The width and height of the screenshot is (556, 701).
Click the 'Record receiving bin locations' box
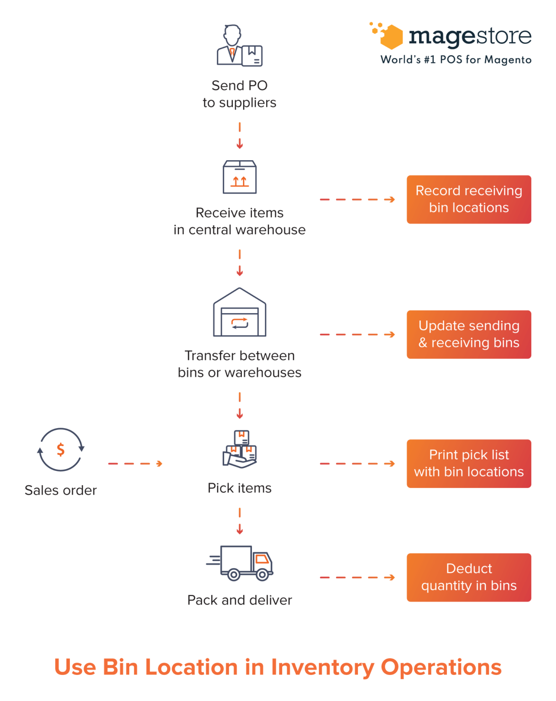tap(469, 199)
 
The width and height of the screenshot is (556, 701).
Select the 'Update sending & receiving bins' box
tap(469, 335)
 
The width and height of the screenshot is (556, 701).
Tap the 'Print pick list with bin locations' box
tap(469, 464)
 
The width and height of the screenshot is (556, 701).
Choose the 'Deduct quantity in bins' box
tap(469, 577)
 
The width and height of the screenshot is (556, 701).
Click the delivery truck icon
tap(240, 563)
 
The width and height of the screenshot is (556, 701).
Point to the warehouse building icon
tap(240, 313)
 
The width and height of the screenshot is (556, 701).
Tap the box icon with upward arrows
tap(240, 177)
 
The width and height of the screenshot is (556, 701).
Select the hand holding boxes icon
tap(240, 450)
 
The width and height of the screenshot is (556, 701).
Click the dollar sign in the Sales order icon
tap(61, 450)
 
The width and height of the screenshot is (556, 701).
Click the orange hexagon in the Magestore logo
tap(392, 37)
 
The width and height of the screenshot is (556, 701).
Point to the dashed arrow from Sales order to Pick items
tap(135, 464)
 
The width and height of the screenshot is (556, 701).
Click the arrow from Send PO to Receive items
tap(240, 136)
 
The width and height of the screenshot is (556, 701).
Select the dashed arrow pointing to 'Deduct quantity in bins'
tap(357, 577)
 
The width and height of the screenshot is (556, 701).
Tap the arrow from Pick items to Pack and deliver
tap(240, 521)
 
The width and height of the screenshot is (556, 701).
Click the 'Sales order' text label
tap(61, 490)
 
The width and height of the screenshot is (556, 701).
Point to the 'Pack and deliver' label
tap(240, 600)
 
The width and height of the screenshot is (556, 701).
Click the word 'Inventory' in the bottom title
tap(322, 667)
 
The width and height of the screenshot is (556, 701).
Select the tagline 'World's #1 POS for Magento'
tap(456, 60)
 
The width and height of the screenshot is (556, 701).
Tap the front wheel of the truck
tap(262, 574)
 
